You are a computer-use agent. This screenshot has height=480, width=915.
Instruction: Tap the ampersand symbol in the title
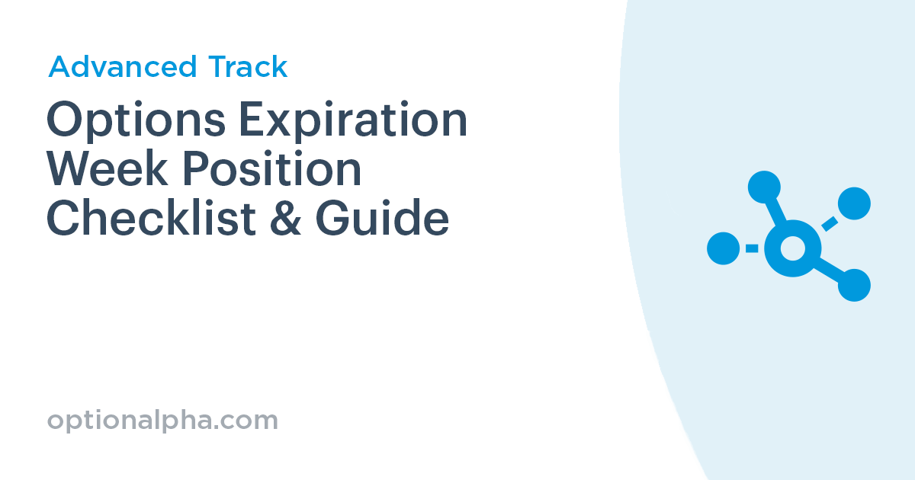tap(286, 219)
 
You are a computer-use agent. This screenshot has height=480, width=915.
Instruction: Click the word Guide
tap(382, 219)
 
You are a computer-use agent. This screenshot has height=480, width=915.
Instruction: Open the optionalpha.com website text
tap(162, 420)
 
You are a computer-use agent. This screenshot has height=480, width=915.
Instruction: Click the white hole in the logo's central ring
tap(792, 248)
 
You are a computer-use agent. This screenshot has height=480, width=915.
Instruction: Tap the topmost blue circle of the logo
tap(763, 187)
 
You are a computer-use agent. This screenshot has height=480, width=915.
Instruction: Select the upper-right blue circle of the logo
tap(854, 203)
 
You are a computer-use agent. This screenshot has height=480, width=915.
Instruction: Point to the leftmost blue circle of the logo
tap(723, 248)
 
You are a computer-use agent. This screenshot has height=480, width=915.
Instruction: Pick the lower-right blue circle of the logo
tap(854, 285)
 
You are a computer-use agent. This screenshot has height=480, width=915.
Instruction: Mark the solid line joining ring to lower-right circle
tap(827, 269)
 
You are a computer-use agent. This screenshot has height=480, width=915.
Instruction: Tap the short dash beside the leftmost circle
tap(752, 248)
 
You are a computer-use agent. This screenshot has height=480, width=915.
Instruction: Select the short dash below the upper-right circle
tap(830, 223)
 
